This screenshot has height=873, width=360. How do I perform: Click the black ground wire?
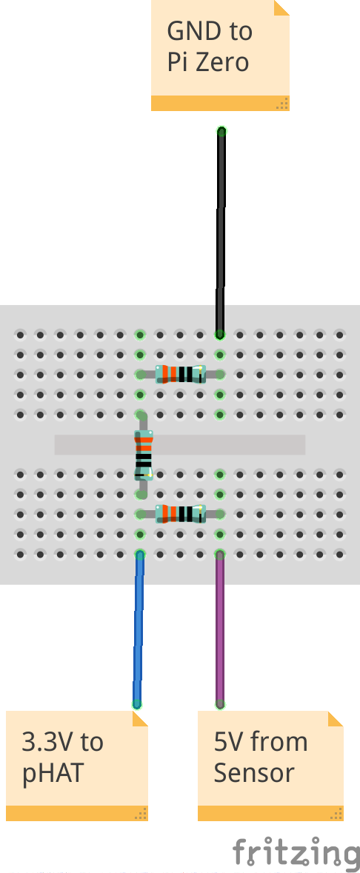(221, 233)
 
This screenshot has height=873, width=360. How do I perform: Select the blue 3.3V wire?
(139, 629)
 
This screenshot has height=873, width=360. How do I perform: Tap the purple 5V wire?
(220, 629)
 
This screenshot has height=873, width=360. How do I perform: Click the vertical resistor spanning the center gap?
(143, 455)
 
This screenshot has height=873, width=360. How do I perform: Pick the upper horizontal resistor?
(180, 374)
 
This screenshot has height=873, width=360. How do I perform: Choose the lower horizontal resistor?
(180, 514)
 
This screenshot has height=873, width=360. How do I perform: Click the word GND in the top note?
(191, 31)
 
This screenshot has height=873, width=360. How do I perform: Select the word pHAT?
(53, 773)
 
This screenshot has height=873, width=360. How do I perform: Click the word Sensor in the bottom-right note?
(254, 773)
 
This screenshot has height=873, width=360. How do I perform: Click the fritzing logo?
(296, 853)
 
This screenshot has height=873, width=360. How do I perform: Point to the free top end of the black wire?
(221, 131)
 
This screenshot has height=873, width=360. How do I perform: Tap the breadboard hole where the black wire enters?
(220, 335)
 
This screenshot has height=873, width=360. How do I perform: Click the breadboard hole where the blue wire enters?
(140, 555)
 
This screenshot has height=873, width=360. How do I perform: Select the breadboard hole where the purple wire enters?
(220, 555)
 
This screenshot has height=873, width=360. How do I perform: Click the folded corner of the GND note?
(281, 7)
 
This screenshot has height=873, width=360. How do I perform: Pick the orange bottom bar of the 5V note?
(270, 813)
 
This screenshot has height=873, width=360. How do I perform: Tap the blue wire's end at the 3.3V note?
(137, 704)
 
